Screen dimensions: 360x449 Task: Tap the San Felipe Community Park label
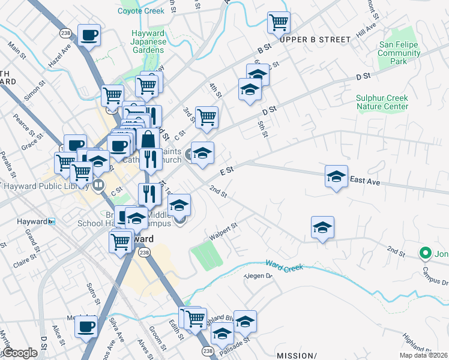click(x=399, y=53)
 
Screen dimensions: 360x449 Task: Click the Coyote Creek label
click(x=141, y=11)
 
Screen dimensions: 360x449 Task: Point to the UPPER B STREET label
click(x=315, y=40)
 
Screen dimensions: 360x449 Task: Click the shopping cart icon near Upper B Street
click(x=279, y=23)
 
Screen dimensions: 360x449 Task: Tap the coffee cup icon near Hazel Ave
click(x=89, y=35)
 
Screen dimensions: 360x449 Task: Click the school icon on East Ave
click(x=337, y=176)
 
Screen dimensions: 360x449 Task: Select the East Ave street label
click(x=366, y=180)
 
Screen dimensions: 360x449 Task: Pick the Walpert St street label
click(x=224, y=232)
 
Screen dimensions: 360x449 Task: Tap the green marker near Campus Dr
click(x=426, y=254)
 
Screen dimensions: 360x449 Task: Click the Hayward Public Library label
click(x=46, y=185)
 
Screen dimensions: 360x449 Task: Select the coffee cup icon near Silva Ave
click(x=86, y=327)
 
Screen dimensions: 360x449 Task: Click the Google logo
click(x=19, y=353)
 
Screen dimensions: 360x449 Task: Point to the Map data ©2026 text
click(x=424, y=355)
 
